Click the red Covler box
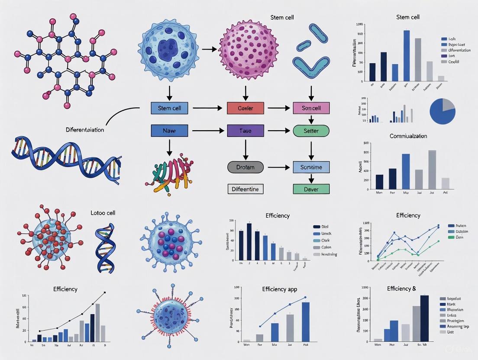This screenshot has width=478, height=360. coord(245,108)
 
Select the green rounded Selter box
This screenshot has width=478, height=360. coord(311,131)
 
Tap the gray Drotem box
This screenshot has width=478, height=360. coord(245,167)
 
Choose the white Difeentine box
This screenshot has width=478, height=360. coord(245,189)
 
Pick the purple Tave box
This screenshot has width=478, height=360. coord(245,131)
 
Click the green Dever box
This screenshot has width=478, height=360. coord(311,189)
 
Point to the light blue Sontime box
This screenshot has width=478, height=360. coord(311,167)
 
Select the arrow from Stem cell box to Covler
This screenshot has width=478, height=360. coord(207,108)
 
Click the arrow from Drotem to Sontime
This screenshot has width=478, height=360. coord(278,167)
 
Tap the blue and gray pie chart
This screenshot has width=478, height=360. coord(442,110)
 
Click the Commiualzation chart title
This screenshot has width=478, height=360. coord(407,136)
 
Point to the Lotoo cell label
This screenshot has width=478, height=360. coord(103,213)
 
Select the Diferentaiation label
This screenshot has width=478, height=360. coord(85,129)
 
